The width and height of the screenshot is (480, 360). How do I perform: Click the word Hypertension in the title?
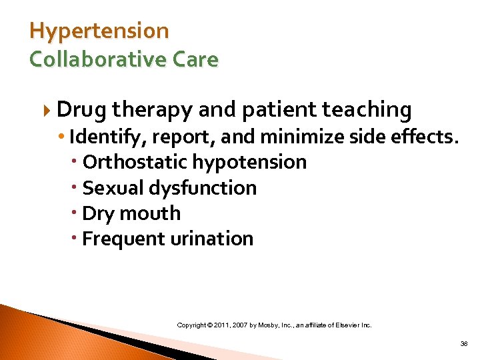pyautogui.click(x=99, y=31)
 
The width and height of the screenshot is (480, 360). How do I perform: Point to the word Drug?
pyautogui.click(x=82, y=109)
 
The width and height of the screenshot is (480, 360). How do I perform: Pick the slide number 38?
pyautogui.click(x=463, y=344)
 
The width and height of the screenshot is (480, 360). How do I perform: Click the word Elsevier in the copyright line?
pyautogui.click(x=345, y=325)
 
